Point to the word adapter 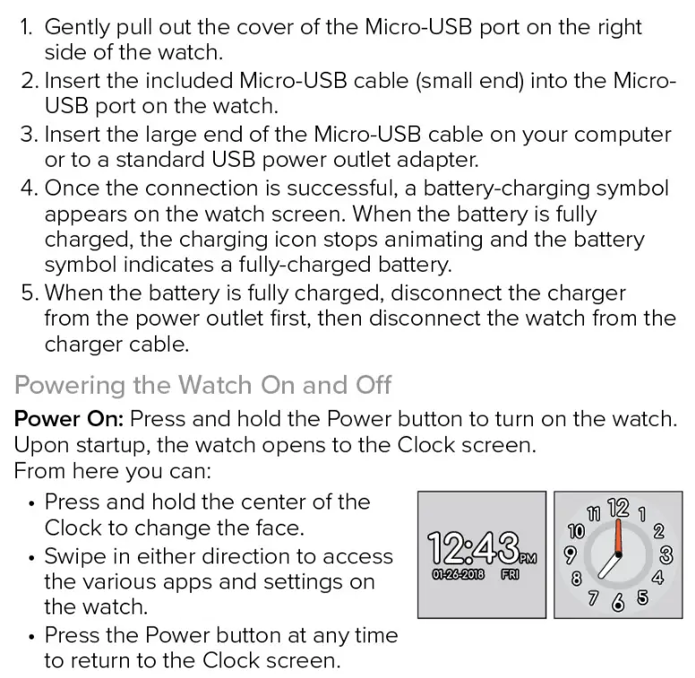pyautogui.click(x=437, y=161)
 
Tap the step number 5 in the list pyautogui.click(x=29, y=292)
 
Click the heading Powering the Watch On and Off pyautogui.click(x=203, y=385)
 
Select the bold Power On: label pyautogui.click(x=69, y=419)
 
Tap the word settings pyautogui.click(x=293, y=581)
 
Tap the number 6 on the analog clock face pyautogui.click(x=617, y=603)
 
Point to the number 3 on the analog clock pyautogui.click(x=665, y=552)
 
